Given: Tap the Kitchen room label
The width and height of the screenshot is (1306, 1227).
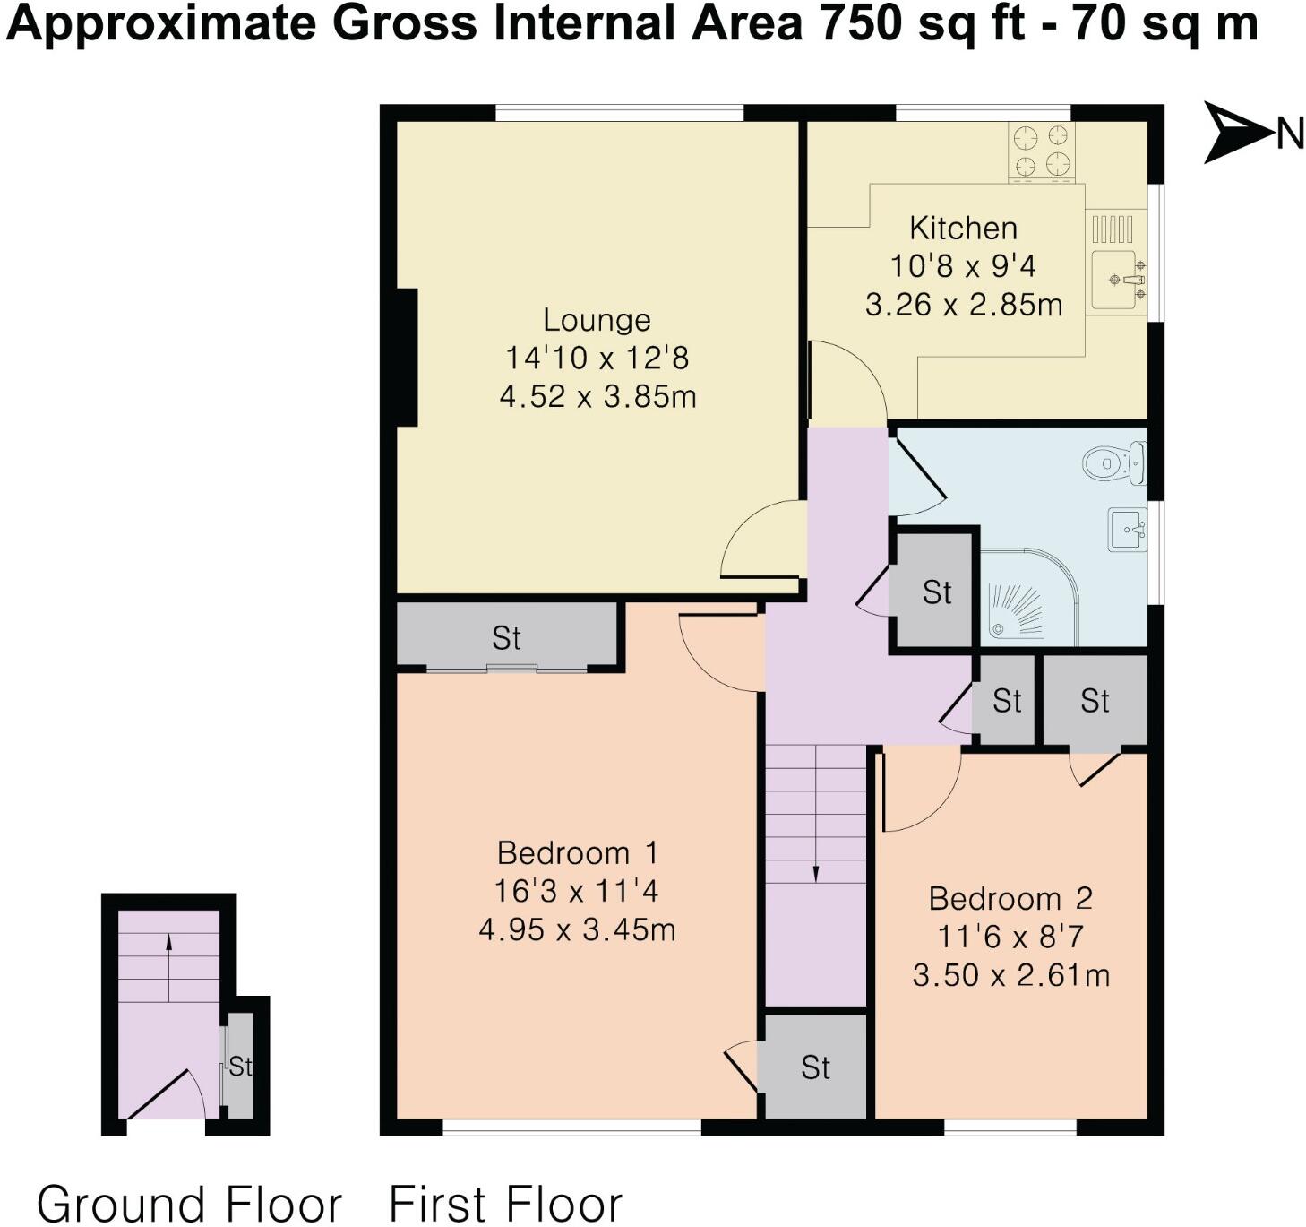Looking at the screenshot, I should pos(963,229).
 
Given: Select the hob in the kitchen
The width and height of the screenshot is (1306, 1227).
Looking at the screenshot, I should pos(1042,151).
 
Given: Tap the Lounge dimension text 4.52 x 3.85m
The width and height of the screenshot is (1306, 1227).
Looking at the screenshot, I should pos(597,396).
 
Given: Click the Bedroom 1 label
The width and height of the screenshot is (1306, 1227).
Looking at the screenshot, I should pos(577,852).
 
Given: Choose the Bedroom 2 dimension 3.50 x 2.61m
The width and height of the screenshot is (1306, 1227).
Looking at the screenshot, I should pos(1010,975).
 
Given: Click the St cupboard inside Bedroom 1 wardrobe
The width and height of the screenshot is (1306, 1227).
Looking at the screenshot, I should pos(506,638).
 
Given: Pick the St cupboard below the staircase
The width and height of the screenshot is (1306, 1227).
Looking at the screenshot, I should pos(815,1067).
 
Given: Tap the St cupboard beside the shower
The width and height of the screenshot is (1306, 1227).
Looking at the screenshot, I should pos(936,592).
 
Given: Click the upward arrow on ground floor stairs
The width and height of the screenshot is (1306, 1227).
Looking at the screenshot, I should pos(168,943).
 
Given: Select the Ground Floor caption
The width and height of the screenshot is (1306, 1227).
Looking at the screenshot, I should pos(189,1204).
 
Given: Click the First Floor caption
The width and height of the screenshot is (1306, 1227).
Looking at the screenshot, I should pos(505,1204).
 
